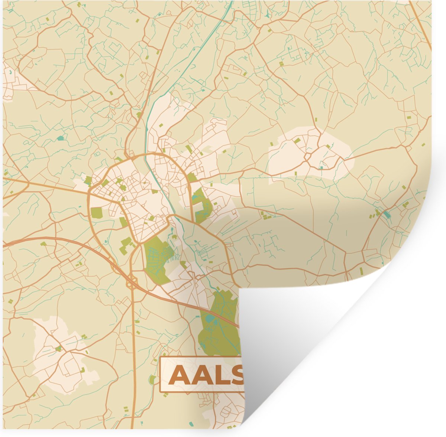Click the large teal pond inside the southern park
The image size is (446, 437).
tap(210, 318)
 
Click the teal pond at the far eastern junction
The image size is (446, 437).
tap(387, 214)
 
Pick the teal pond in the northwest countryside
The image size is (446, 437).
tap(60, 138)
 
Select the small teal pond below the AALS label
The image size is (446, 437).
tap(191, 424)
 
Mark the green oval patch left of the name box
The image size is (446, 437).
tap(152, 379)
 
